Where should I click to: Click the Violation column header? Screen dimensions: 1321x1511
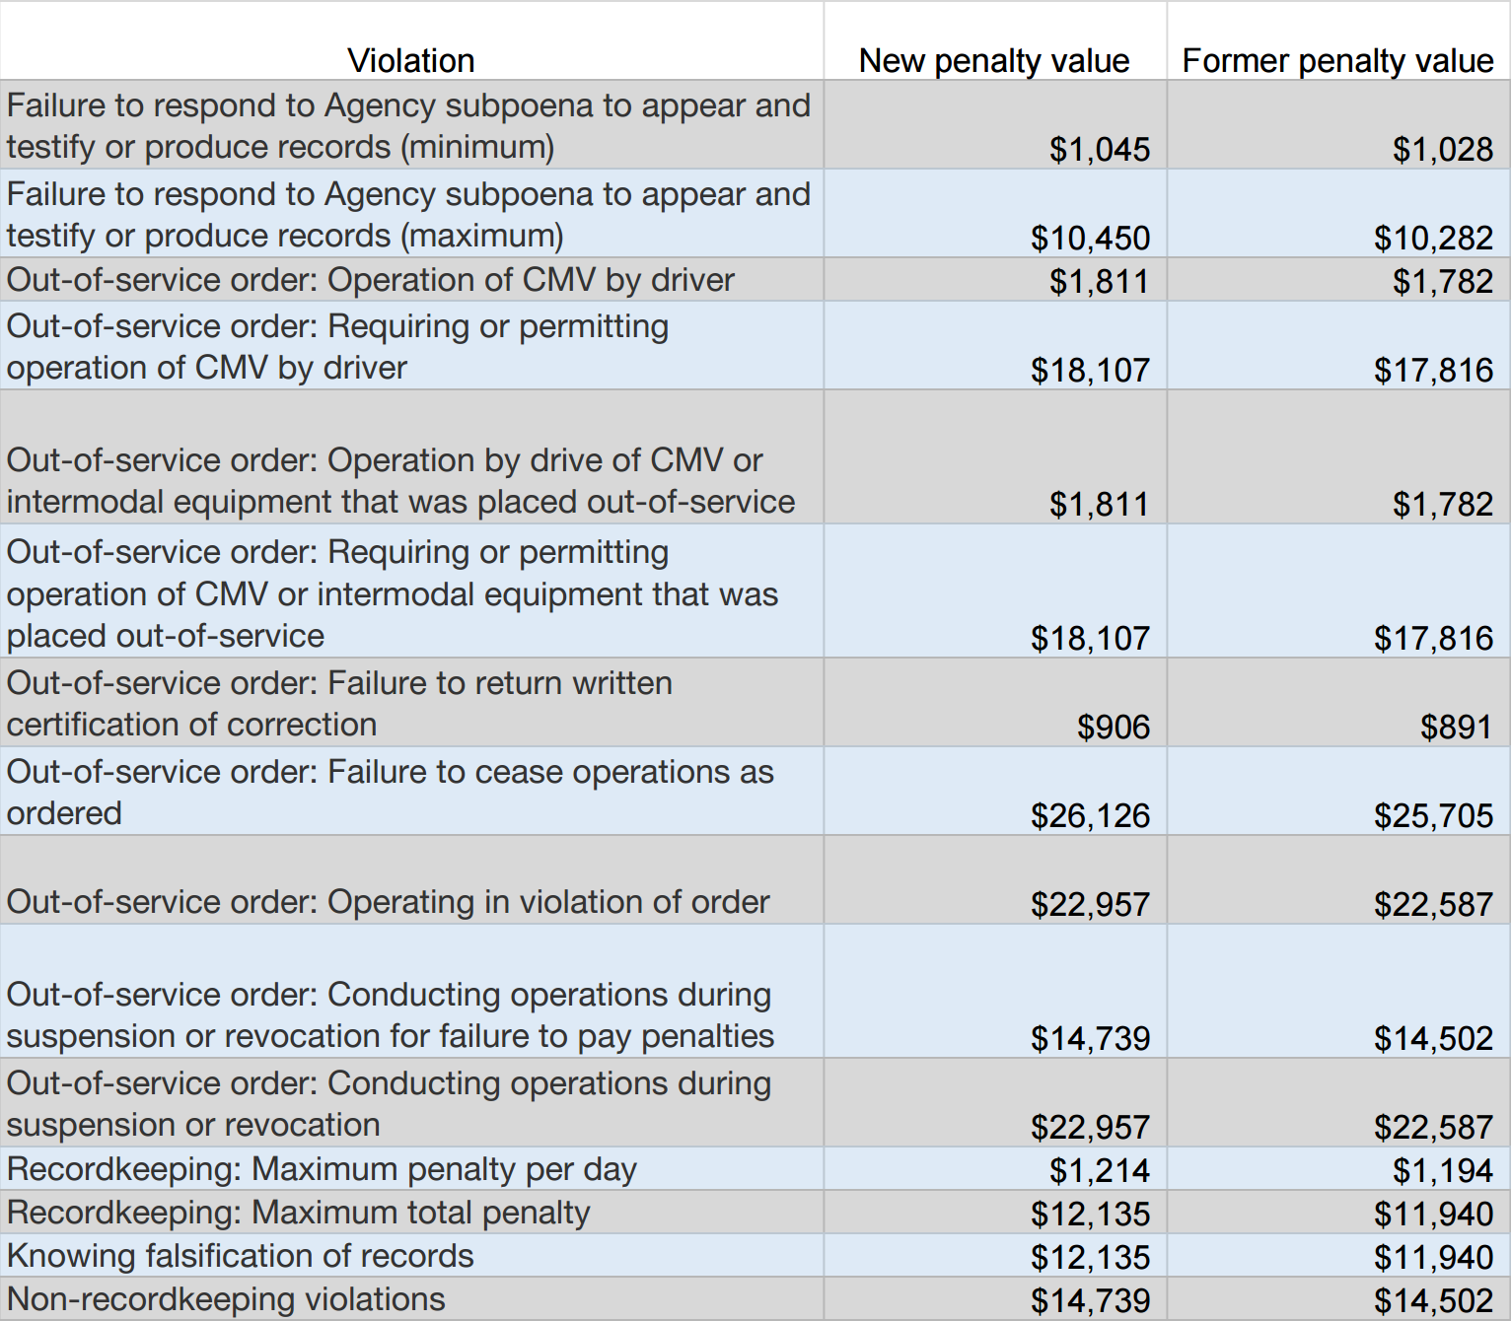point(410,61)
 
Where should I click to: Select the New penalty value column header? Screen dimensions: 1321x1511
point(993,61)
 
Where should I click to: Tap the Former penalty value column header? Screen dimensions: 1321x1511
point(1337,61)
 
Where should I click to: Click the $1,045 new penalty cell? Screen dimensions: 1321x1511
point(1099,149)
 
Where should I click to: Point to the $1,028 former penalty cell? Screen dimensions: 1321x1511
point(1442,149)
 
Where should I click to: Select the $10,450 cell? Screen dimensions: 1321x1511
point(1090,238)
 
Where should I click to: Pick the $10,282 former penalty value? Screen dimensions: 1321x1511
point(1433,238)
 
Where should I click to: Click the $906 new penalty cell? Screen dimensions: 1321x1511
point(1113,727)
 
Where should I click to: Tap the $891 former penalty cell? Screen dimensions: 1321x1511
point(1456,727)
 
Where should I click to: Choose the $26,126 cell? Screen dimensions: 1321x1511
point(1090,815)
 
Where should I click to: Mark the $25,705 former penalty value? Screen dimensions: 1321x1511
point(1433,815)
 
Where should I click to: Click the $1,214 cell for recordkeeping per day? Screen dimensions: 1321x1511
point(1099,1170)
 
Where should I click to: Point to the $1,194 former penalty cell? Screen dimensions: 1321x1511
point(1442,1170)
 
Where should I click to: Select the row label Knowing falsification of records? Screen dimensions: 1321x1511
point(240,1256)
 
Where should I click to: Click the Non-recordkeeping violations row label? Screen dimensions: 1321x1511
point(226,1299)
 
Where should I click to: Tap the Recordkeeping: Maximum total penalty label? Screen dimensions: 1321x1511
point(298,1213)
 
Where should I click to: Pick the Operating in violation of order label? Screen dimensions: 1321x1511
point(388,902)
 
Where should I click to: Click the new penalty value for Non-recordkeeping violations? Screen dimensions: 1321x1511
point(1090,1300)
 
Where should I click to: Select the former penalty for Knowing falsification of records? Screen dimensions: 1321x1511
point(1433,1257)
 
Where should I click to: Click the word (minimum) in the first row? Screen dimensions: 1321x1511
point(476,147)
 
